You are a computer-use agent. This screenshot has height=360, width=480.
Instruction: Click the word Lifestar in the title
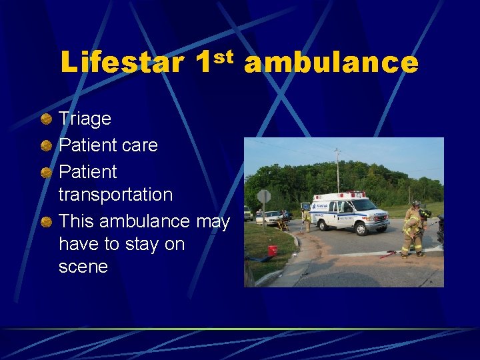[122, 63]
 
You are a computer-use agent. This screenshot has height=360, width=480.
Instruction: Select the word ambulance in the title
[331, 63]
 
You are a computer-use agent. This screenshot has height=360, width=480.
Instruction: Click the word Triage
[85, 119]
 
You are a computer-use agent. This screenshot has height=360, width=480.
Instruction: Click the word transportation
[115, 195]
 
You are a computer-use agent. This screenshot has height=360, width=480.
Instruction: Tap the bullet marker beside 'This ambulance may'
[45, 221]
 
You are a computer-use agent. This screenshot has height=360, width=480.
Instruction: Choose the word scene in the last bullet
[83, 267]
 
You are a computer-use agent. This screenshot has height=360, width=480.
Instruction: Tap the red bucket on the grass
[272, 250]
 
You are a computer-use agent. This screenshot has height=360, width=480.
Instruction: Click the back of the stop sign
[264, 197]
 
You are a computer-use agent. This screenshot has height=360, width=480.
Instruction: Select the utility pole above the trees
[338, 171]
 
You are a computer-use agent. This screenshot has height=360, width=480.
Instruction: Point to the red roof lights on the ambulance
[341, 194]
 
